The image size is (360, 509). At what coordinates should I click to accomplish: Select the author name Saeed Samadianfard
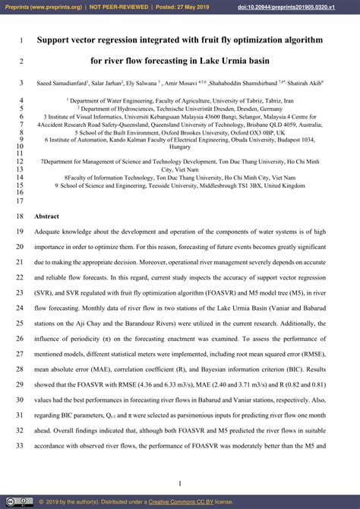tap(61, 83)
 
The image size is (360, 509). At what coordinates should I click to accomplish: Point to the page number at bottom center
tap(180, 484)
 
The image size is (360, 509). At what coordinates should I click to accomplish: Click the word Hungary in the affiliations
tap(180, 147)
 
